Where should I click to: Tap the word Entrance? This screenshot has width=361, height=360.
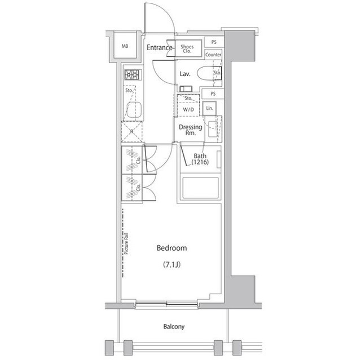(159, 48)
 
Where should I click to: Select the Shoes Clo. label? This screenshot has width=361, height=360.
(188, 48)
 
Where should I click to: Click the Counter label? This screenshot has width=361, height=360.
(213, 55)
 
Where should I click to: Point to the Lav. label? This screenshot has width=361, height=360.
(184, 74)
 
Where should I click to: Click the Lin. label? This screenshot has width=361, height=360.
(209, 108)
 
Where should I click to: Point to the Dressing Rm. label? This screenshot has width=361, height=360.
(190, 130)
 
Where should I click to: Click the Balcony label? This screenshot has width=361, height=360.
(174, 327)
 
